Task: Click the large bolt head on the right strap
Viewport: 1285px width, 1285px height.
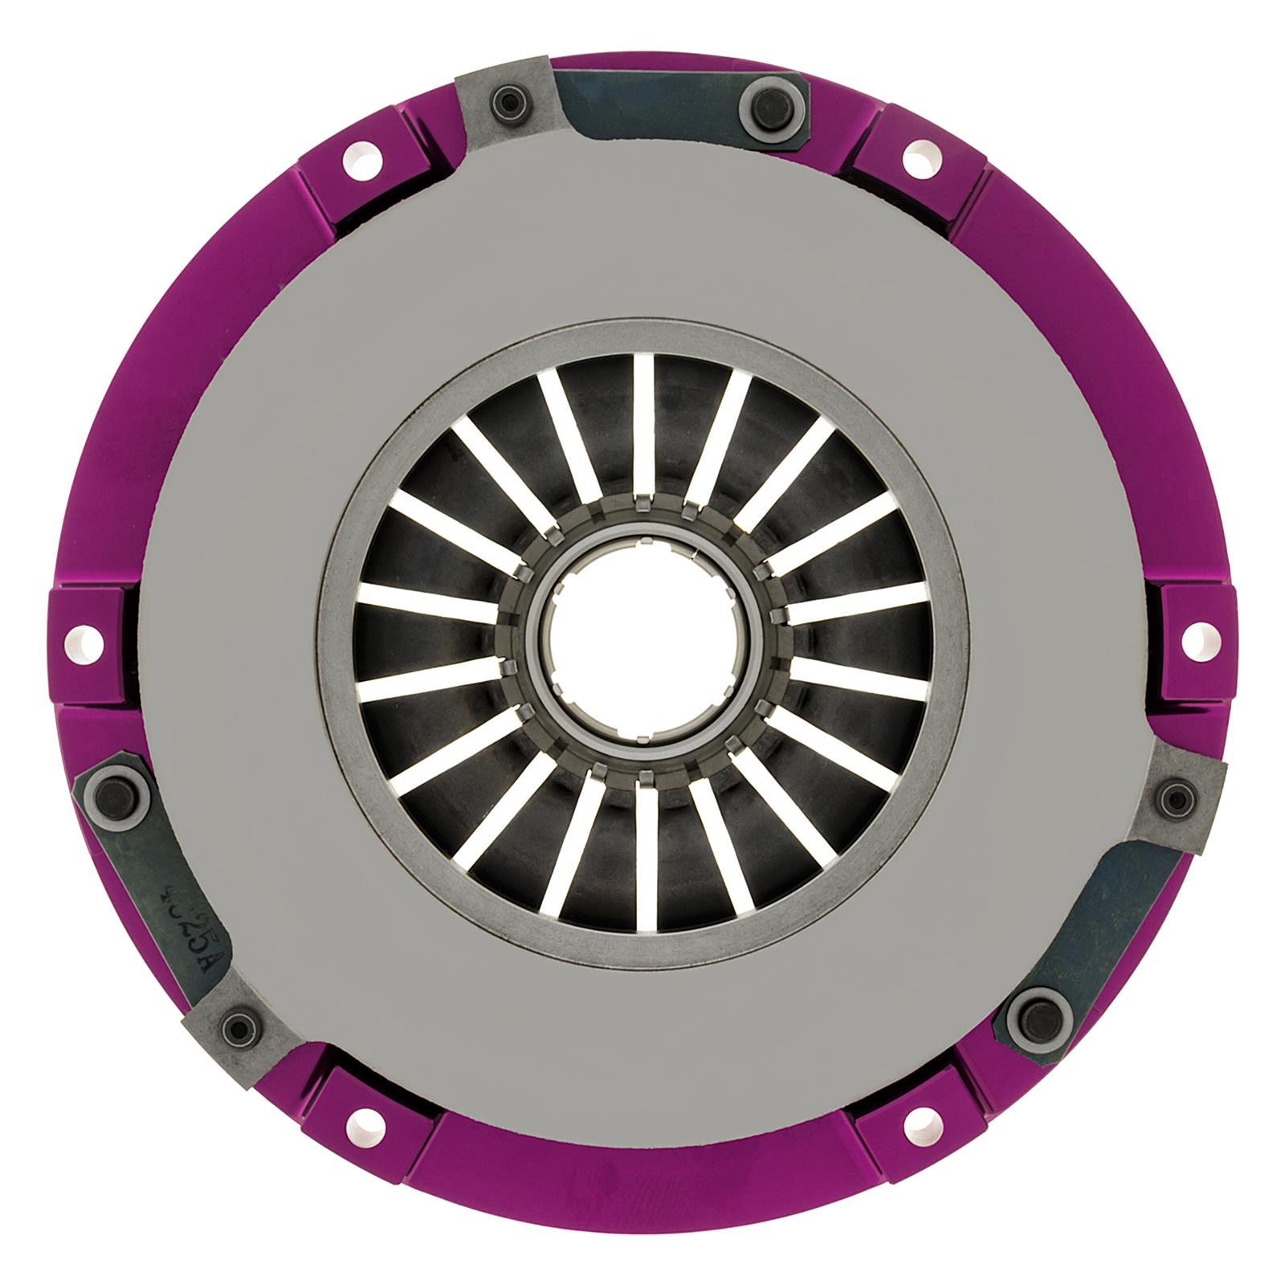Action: [1031, 1014]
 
